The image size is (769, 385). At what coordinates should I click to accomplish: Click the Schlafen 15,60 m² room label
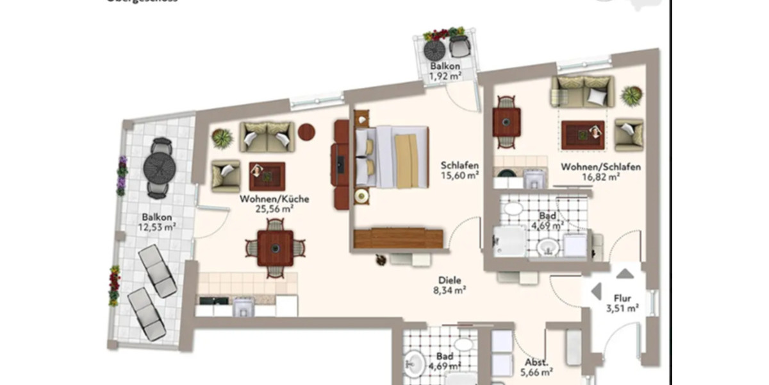click(x=459, y=169)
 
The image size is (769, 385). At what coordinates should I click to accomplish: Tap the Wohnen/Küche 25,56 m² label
click(x=274, y=203)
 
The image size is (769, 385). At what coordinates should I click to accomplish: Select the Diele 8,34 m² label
click(x=450, y=285)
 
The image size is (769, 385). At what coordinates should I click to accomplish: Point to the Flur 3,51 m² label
click(x=623, y=303)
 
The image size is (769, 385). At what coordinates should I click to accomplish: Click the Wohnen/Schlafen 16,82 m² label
click(x=600, y=172)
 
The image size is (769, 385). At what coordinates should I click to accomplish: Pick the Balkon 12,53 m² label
click(x=157, y=221)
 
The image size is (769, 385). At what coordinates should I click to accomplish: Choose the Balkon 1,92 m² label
click(x=445, y=71)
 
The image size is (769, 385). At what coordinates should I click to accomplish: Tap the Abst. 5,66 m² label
click(x=537, y=366)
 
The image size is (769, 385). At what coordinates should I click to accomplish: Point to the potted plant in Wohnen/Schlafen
click(x=631, y=96)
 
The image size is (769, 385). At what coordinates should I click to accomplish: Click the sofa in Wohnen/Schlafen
click(x=582, y=90)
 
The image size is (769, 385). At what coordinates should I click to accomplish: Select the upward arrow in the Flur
click(x=625, y=274)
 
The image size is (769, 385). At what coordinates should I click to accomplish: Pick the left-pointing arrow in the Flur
click(x=597, y=291)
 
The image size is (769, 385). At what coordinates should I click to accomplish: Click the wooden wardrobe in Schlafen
click(x=398, y=237)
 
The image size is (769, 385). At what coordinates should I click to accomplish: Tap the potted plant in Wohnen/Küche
click(x=222, y=138)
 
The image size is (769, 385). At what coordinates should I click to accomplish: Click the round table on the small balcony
click(x=434, y=49)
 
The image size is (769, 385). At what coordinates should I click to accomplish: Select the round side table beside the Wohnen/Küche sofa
click(x=306, y=132)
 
